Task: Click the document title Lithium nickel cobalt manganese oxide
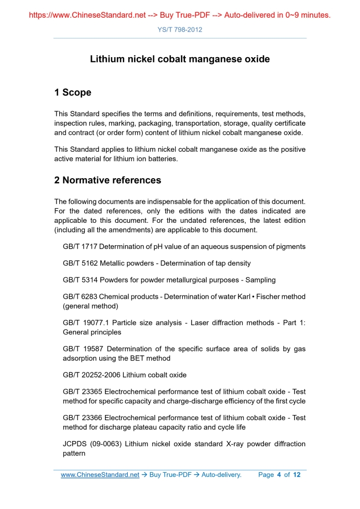point(180,59)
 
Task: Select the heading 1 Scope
point(73,92)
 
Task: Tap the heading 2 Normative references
point(108,180)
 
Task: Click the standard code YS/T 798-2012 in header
point(180,30)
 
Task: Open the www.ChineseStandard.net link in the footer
point(100,475)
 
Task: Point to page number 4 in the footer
point(278,475)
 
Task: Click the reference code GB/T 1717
point(80,247)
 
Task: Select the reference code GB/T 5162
point(80,263)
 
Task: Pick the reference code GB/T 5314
point(80,280)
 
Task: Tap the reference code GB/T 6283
point(80,297)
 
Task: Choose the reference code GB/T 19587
point(83,349)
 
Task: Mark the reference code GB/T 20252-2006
point(92,374)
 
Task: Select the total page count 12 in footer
point(297,475)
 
